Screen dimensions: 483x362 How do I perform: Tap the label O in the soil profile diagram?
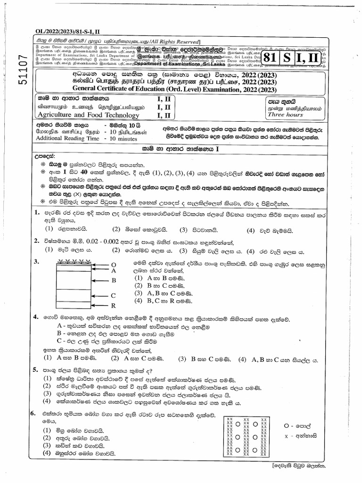(113, 265)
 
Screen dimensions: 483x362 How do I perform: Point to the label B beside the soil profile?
(113, 280)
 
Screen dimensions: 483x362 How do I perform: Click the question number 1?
(35, 214)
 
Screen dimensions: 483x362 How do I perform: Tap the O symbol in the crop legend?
(286, 425)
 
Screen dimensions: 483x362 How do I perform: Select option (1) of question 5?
(47, 379)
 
